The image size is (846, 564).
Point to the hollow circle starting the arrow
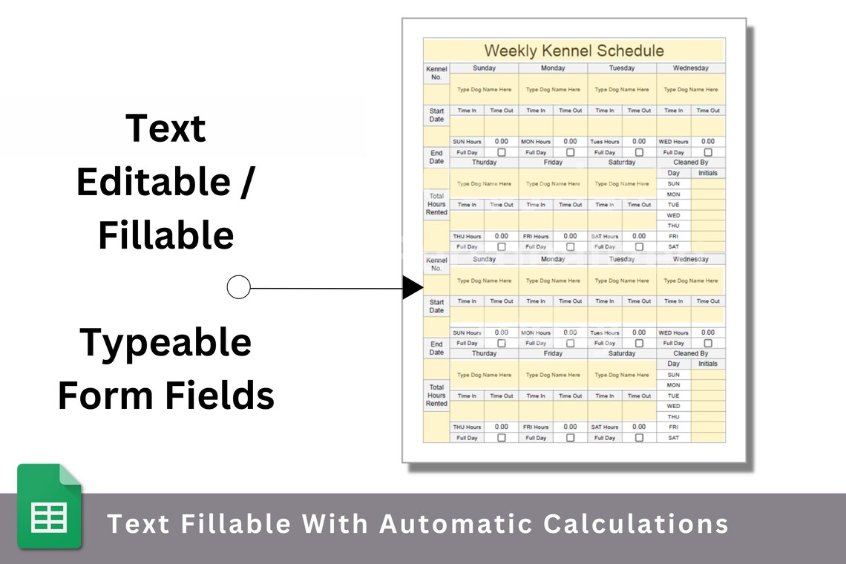[x=238, y=287]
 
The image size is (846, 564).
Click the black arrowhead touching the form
[x=413, y=287]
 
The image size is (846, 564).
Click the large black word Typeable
[x=165, y=342]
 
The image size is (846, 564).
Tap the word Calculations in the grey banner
[x=636, y=523]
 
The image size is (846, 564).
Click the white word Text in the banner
[x=136, y=523]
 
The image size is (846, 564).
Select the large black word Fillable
[x=165, y=235]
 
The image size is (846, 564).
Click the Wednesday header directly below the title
[x=690, y=68]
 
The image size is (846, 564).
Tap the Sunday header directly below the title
[x=484, y=68]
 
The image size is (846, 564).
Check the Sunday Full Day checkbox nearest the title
[x=501, y=152]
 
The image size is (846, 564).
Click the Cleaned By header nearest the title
[x=690, y=162]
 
